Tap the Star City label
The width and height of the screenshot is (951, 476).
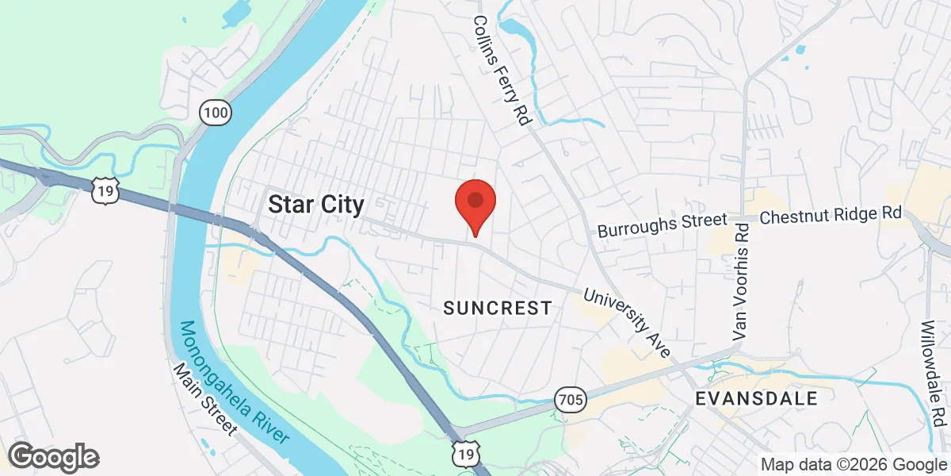(x=316, y=205)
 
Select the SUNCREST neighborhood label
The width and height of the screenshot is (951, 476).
(x=497, y=308)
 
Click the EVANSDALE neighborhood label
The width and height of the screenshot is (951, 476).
(x=756, y=398)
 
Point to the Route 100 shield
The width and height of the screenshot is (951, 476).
(x=215, y=113)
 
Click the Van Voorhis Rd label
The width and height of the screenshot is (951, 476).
(x=741, y=282)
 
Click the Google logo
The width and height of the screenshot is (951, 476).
(x=54, y=457)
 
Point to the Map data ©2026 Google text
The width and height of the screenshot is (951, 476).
(x=854, y=465)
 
